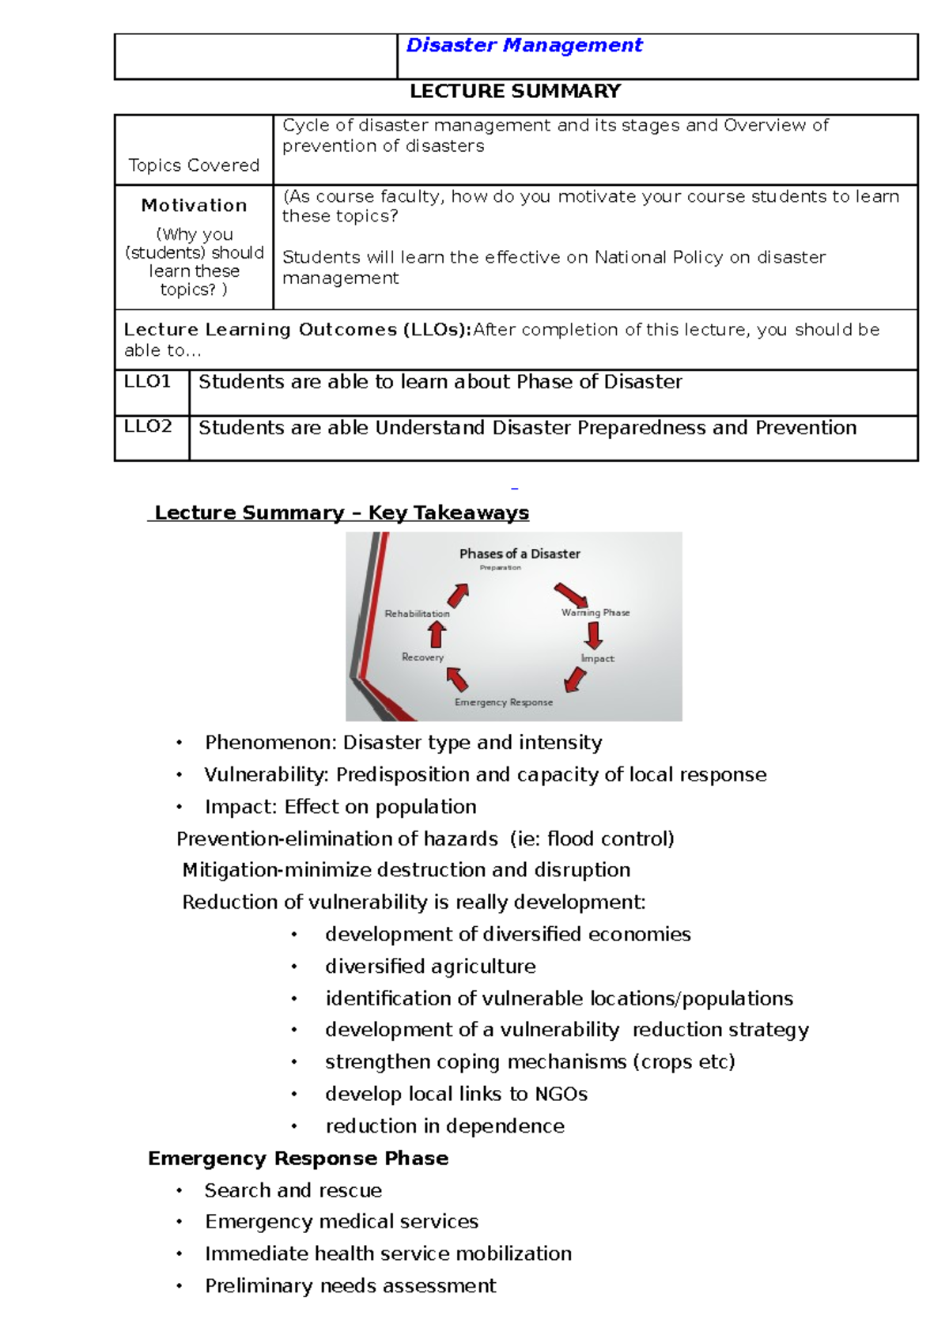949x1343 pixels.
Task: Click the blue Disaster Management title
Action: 524,46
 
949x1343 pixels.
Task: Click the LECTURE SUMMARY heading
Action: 515,92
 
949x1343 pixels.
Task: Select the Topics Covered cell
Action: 194,165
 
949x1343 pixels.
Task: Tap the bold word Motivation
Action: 194,206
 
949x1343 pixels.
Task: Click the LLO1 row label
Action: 148,382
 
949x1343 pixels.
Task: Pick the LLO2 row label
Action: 148,427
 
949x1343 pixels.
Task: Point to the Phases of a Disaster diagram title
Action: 520,554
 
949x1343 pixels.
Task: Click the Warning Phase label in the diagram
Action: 595,612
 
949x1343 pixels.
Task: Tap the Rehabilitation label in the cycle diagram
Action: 417,614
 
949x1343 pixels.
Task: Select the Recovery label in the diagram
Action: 422,657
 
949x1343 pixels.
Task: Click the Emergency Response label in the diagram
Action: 504,702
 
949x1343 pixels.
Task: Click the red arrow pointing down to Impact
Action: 594,635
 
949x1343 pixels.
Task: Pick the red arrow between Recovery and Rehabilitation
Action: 437,634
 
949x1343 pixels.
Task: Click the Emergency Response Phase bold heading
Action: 298,1158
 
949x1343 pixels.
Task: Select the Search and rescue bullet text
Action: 293,1190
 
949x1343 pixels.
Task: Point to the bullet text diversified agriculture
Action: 430,967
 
